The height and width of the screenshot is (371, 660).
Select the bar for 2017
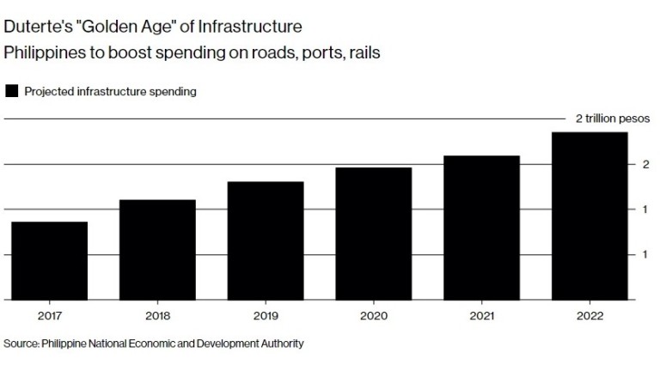tap(49, 261)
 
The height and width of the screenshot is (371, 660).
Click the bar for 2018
tap(157, 250)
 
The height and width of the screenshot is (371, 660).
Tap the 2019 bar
tap(266, 240)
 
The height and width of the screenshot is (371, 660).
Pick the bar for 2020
tap(374, 234)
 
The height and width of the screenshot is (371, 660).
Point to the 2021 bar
tap(482, 228)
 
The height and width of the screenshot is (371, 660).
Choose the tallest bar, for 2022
tap(590, 216)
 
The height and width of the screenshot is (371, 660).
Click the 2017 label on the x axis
tap(49, 316)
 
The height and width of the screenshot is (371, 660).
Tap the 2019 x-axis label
tap(266, 316)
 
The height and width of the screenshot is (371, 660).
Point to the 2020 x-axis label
tap(374, 316)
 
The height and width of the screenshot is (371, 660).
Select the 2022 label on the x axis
tap(590, 316)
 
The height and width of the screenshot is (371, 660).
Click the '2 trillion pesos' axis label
tap(612, 119)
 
